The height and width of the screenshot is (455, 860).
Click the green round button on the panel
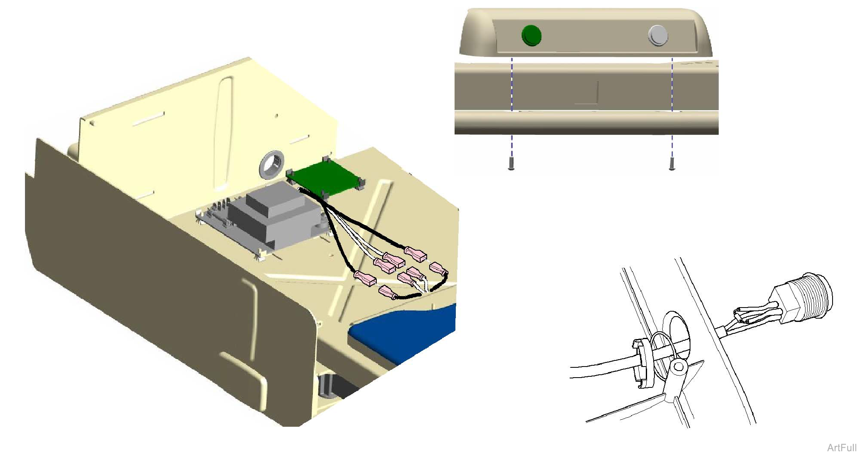tap(531, 35)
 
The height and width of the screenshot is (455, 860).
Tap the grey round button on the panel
tap(658, 35)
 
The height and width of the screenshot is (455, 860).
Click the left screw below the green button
tap(511, 163)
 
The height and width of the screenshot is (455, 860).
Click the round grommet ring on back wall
tap(272, 164)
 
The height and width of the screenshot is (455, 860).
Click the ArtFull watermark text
tap(842, 448)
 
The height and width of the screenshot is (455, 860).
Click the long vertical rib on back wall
tap(223, 131)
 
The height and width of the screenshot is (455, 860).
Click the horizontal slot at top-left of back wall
tap(148, 119)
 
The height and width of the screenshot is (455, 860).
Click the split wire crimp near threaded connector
tap(749, 315)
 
